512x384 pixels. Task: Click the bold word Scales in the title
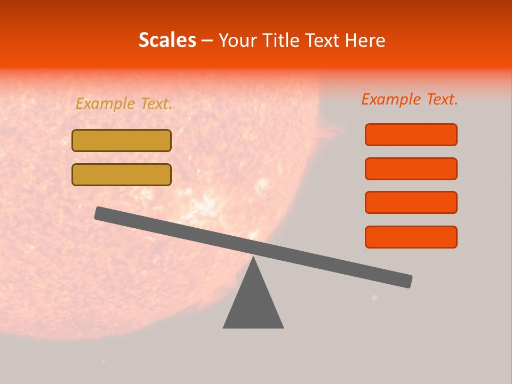[x=167, y=40]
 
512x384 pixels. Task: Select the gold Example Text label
[x=124, y=103]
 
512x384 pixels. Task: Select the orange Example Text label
[x=410, y=99]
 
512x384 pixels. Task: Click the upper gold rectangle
[x=122, y=140]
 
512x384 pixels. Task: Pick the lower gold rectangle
[x=122, y=174]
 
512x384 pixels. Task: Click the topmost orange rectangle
[x=411, y=134]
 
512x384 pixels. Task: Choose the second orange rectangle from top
[x=411, y=169]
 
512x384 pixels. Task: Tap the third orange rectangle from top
[x=411, y=202]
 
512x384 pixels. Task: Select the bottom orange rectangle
[x=411, y=237]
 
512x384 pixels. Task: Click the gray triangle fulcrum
[x=253, y=304]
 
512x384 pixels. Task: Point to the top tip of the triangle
[x=253, y=258]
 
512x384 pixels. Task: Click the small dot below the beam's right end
[x=374, y=298]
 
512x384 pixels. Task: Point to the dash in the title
[x=207, y=41]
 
